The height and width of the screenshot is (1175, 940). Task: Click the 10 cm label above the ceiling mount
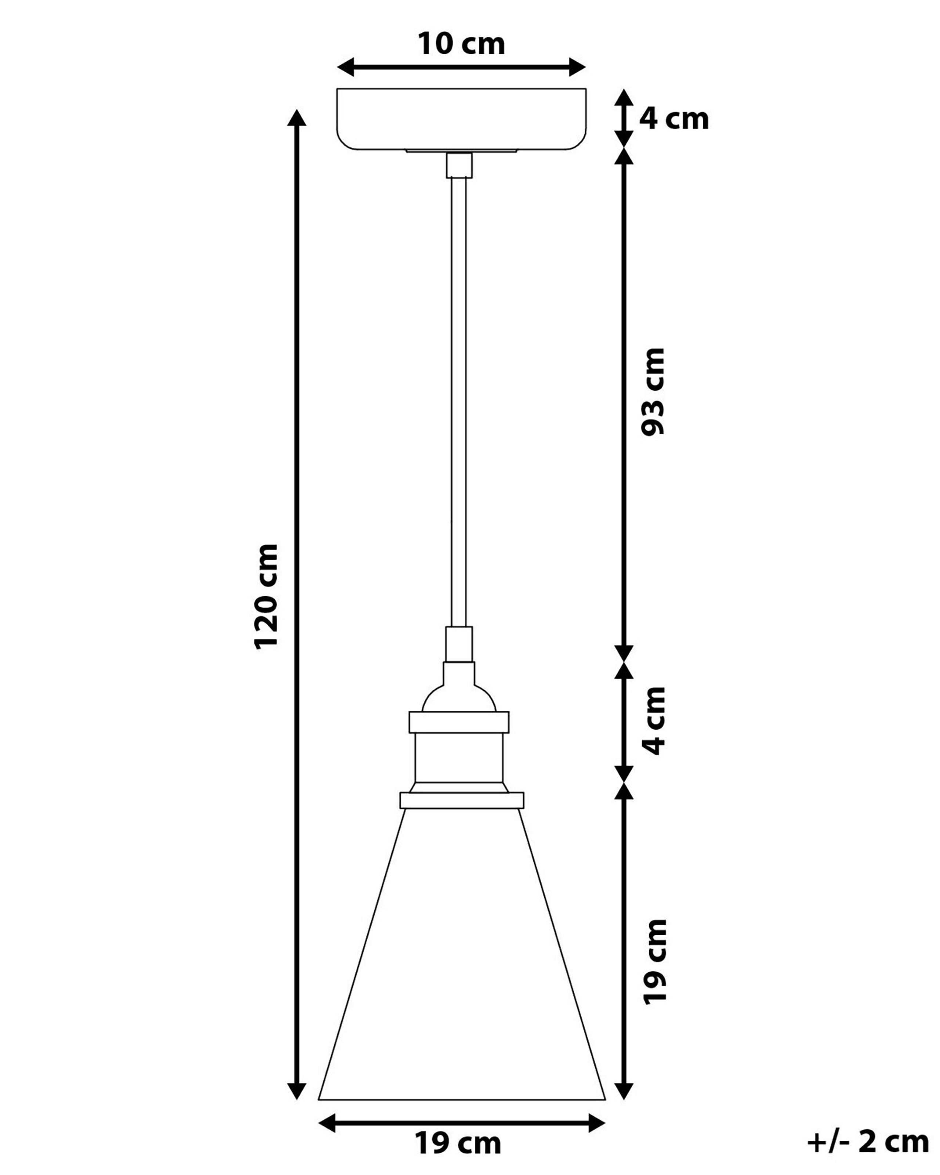pos(461,44)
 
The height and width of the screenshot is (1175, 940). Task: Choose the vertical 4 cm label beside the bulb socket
pos(654,720)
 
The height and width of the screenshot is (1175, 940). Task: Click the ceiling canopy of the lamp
pos(461,119)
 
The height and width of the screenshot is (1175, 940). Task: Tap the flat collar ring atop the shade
pos(462,800)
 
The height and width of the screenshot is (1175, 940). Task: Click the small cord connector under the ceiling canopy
pos(459,165)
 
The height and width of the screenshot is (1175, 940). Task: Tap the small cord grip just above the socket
pos(459,644)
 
